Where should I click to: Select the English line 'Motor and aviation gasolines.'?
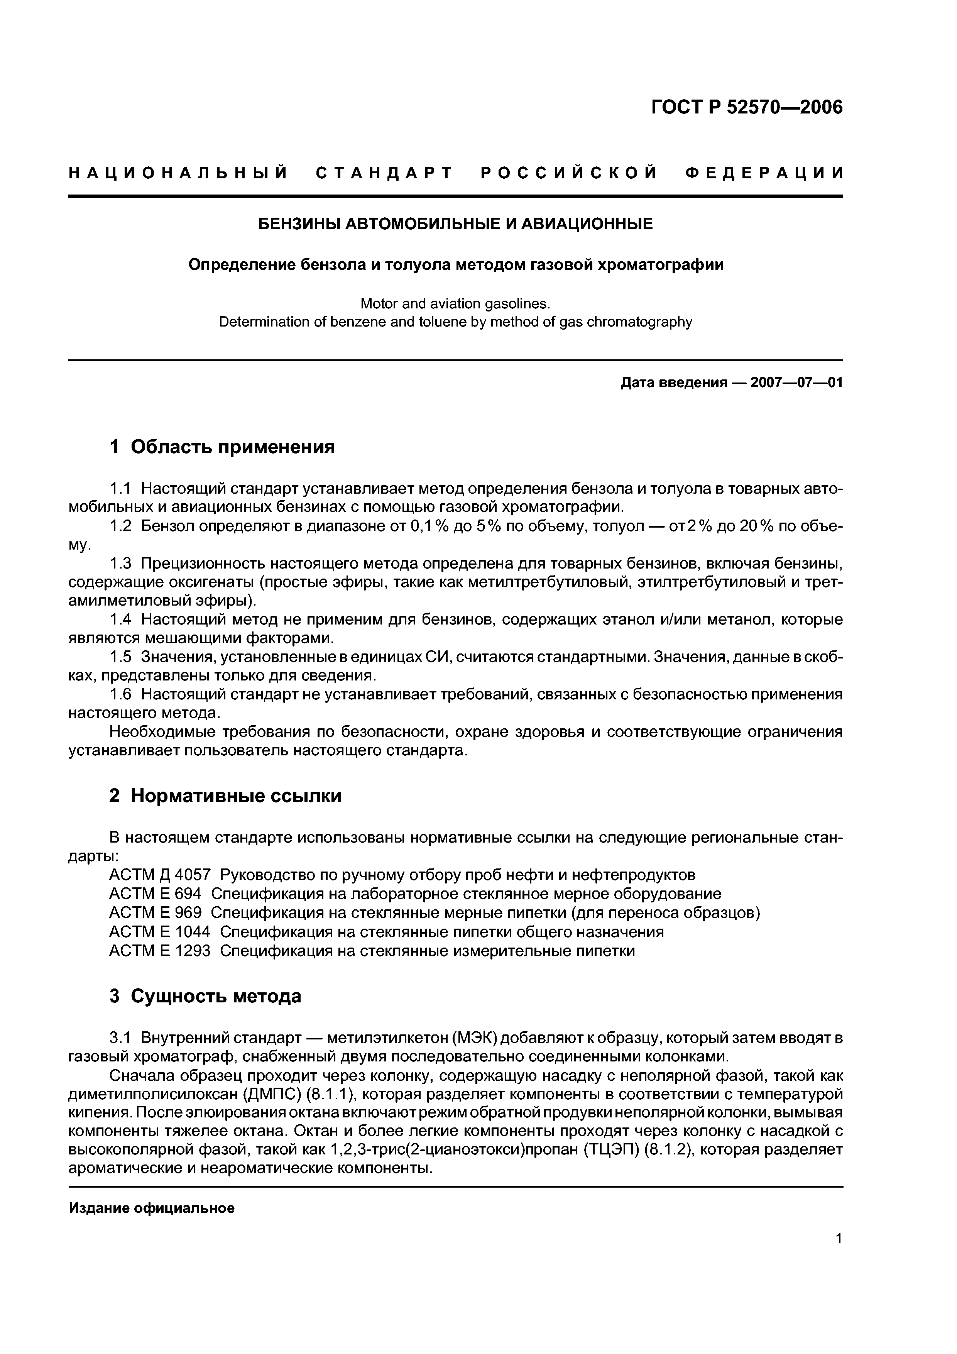point(455,304)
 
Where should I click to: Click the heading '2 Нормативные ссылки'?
point(226,796)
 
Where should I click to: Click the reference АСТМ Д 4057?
point(160,875)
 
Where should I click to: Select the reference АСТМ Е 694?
point(155,894)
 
